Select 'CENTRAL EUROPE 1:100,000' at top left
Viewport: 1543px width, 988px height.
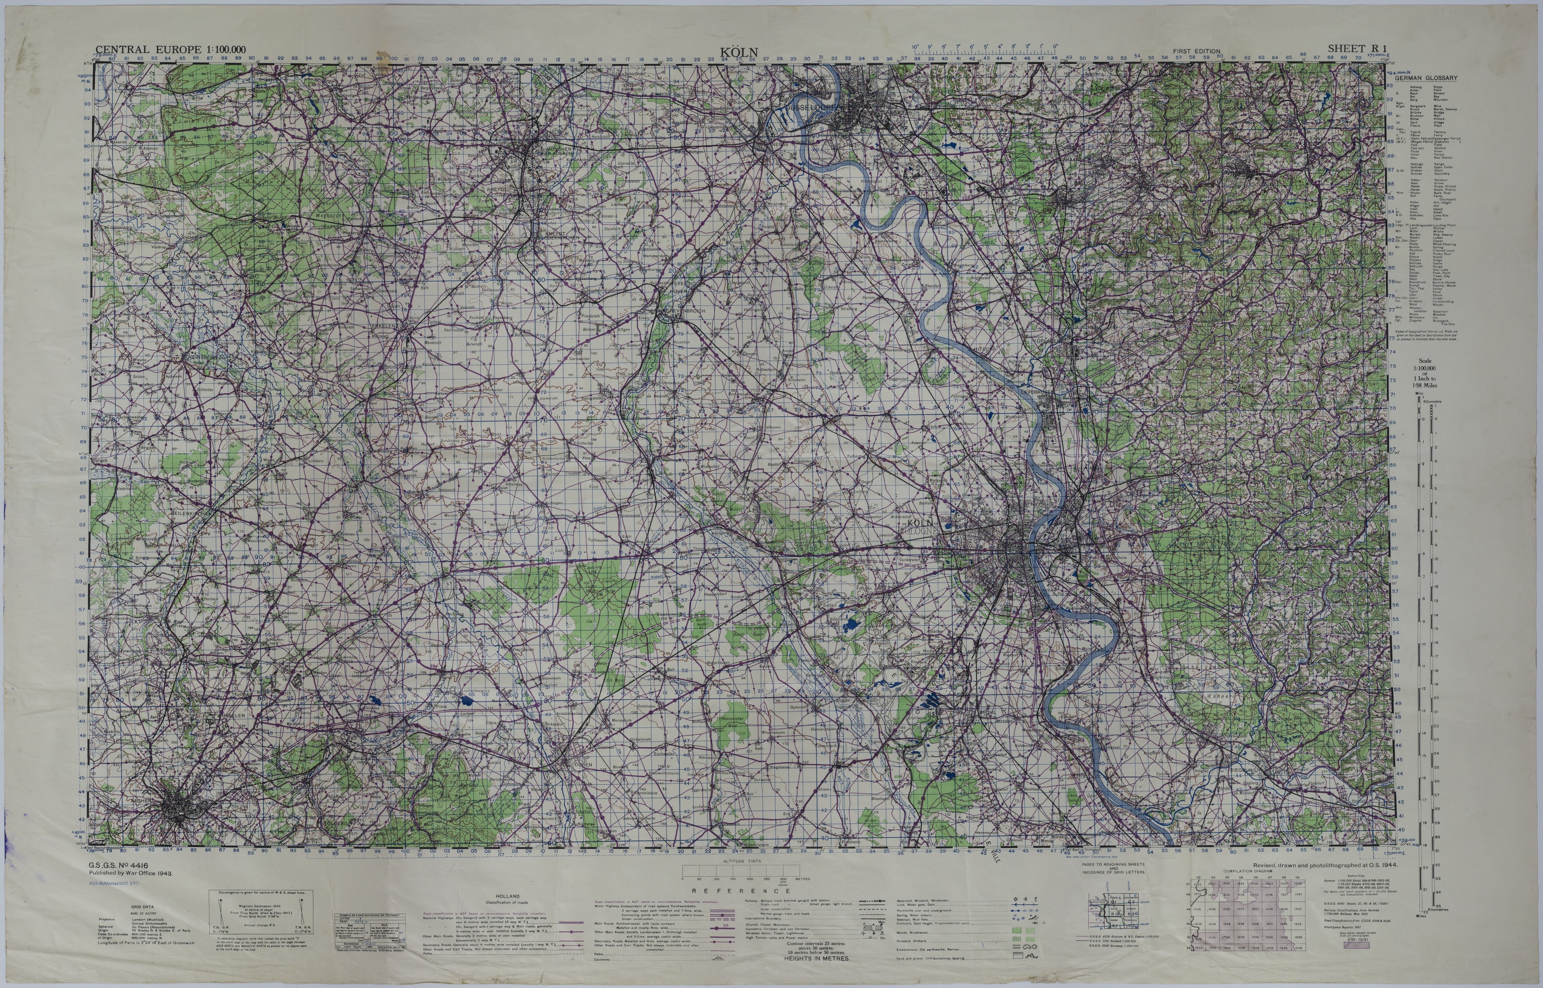click(171, 49)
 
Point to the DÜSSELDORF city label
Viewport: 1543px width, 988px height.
click(810, 109)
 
